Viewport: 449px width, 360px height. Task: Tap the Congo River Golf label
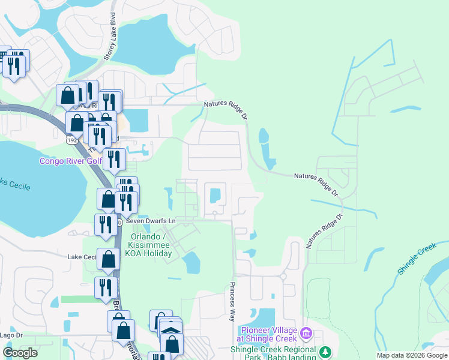[x=68, y=161]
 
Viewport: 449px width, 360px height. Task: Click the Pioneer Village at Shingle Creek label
[x=269, y=334]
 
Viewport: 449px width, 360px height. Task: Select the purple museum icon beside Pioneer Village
[x=306, y=332]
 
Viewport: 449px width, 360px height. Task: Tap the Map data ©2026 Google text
[x=412, y=355]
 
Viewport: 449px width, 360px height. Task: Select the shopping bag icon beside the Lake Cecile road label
[x=109, y=259]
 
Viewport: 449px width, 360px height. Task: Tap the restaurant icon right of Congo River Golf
[x=113, y=159]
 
